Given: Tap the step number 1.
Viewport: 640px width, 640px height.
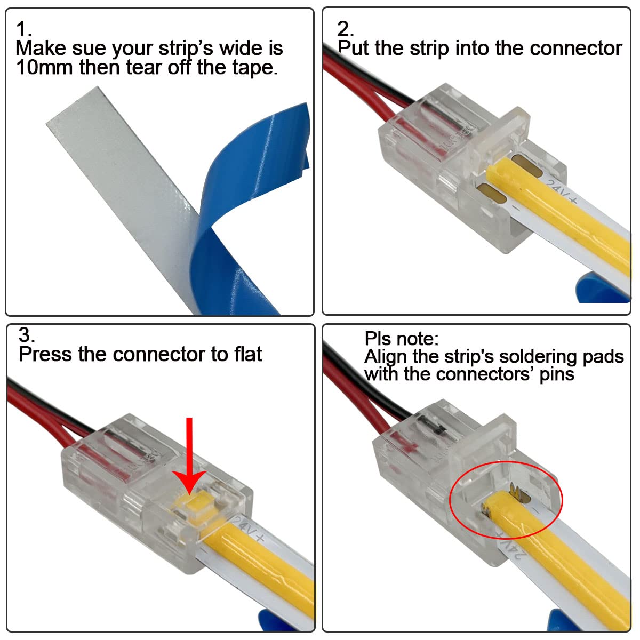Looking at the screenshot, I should (x=22, y=29).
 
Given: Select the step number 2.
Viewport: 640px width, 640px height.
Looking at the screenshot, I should (x=344, y=29).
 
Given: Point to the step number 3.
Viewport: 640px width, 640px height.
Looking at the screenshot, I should (x=26, y=335).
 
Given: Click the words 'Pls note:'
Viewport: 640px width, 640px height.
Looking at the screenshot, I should (x=401, y=339).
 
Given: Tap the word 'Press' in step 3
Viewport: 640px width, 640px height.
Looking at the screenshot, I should (x=45, y=354).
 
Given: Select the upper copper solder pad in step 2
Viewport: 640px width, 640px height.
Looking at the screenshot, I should (x=526, y=163).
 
